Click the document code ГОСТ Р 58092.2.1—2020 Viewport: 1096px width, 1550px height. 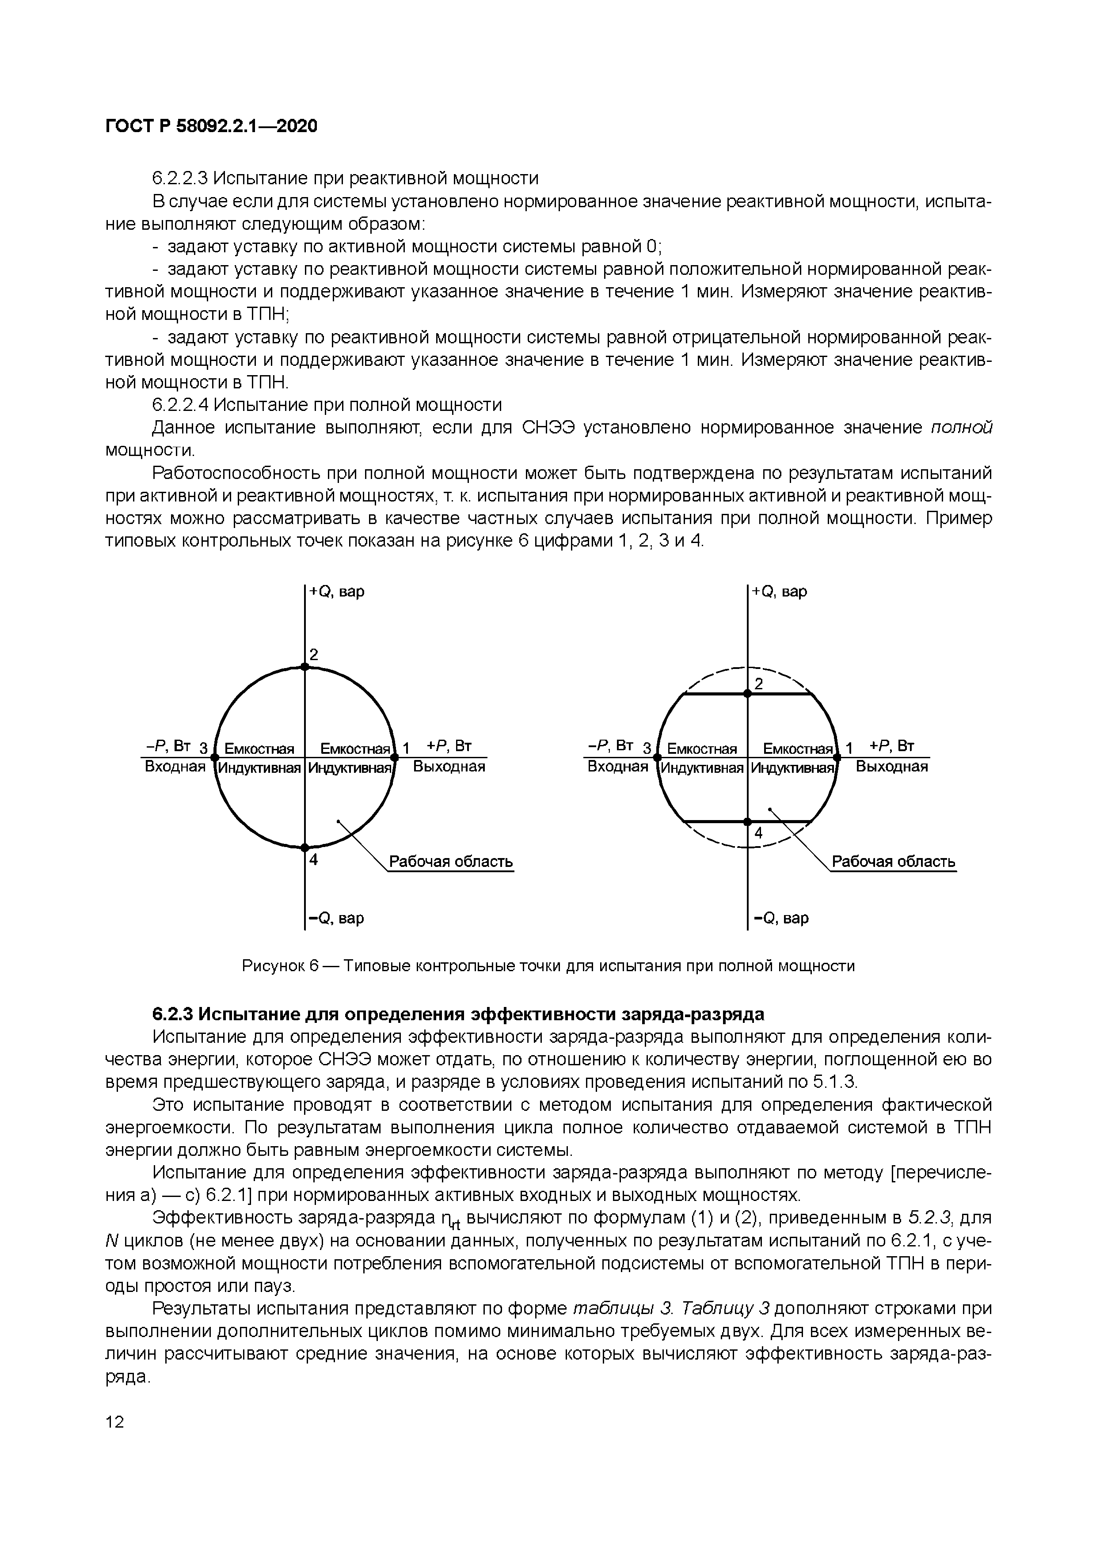211,126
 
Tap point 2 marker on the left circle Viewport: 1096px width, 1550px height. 304,666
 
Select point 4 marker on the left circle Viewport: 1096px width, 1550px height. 304,847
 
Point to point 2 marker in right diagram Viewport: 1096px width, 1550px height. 748,693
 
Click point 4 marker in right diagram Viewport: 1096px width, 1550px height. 748,821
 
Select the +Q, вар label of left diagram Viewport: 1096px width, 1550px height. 336,591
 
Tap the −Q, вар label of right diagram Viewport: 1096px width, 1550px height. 780,918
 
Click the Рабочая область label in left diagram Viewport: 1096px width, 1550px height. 451,862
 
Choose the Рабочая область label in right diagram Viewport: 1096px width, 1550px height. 894,862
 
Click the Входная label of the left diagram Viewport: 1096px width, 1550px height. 175,766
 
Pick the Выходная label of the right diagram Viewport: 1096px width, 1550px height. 892,766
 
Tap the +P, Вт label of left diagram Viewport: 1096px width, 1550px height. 449,746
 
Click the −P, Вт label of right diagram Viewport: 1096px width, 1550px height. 610,746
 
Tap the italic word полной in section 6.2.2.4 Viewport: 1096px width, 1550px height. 962,428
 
